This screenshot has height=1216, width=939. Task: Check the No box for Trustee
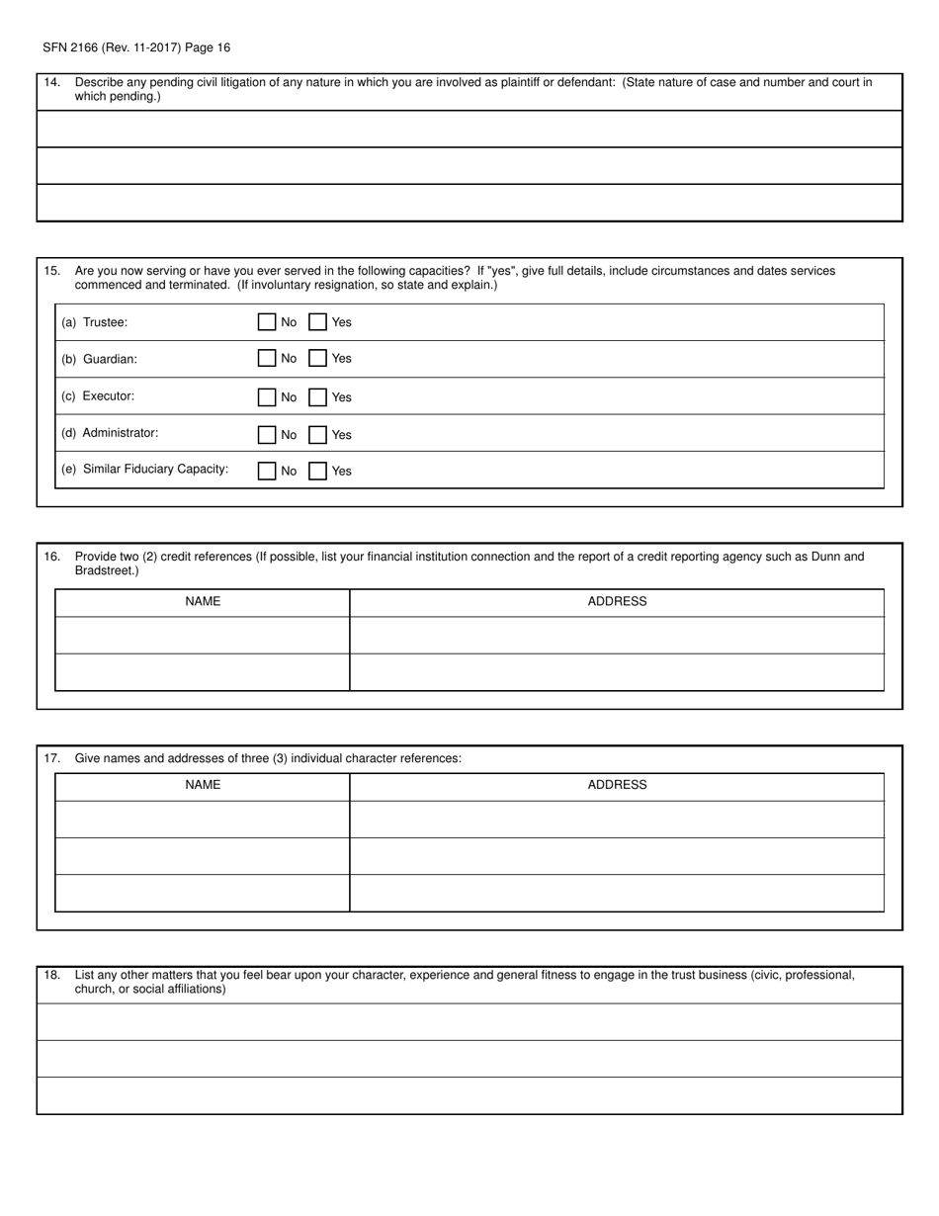(266, 322)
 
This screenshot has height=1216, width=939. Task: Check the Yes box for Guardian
(318, 359)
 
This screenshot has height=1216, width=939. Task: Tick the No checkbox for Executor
(266, 397)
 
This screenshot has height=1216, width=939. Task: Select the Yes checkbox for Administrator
(318, 435)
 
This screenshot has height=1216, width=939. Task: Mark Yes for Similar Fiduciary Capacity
(318, 472)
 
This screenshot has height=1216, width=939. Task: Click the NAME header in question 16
(203, 602)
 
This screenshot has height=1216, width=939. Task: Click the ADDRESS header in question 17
(617, 786)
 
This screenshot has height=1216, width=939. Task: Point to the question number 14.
(52, 83)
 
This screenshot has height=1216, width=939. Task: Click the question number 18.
(52, 976)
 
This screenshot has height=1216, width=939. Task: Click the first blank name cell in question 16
(203, 636)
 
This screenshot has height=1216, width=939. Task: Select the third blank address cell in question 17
(617, 893)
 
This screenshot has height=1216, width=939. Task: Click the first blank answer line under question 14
(469, 129)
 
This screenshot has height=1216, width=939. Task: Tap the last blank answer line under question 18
(469, 1095)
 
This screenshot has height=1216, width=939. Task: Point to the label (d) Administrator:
(110, 433)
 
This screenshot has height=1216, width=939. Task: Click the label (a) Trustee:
(95, 322)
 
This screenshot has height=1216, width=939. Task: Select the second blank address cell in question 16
(617, 672)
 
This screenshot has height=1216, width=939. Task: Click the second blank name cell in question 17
(203, 856)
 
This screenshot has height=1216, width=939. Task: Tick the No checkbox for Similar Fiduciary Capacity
(266, 472)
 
